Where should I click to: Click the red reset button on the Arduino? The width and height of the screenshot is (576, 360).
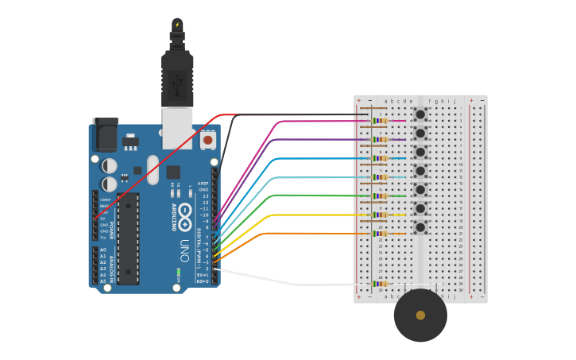(x=207, y=140)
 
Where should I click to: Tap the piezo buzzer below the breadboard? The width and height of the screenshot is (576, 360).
(x=420, y=315)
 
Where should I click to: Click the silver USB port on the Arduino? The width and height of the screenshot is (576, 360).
(x=177, y=129)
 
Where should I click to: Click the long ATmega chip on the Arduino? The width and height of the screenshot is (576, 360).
(x=128, y=238)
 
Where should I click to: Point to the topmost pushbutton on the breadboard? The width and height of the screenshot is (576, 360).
(x=420, y=114)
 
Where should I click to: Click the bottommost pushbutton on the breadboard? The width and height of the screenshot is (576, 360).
(x=420, y=227)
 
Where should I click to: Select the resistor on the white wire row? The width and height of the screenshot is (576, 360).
(x=380, y=284)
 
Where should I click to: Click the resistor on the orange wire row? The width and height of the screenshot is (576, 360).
(x=380, y=234)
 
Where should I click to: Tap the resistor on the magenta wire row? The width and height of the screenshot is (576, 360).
(x=380, y=121)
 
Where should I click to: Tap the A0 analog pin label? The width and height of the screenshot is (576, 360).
(x=102, y=250)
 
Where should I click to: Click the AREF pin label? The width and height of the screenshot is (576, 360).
(x=203, y=184)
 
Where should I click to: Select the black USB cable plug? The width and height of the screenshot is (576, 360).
(x=177, y=75)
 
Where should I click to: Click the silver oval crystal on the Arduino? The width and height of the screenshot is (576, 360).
(x=153, y=169)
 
